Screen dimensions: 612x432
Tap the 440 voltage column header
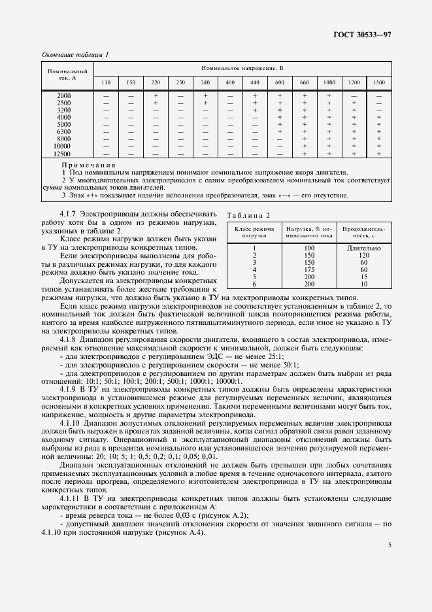[x=255, y=83]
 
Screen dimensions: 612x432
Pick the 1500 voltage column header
[x=378, y=83]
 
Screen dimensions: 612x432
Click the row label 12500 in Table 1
[x=63, y=154]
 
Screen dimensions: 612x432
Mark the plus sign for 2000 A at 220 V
[x=156, y=96]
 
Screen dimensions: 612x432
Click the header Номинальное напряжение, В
[x=242, y=69]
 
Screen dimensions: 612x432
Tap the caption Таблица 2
[x=248, y=215]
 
